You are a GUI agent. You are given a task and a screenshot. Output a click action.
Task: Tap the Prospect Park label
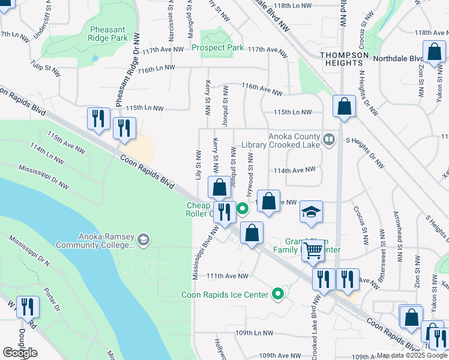tap(217, 47)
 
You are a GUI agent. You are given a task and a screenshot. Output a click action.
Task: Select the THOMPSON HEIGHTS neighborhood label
tap(344, 59)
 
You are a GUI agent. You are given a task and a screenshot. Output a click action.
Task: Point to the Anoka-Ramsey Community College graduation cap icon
tap(143, 240)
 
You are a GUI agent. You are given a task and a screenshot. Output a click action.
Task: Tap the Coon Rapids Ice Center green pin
tap(277, 295)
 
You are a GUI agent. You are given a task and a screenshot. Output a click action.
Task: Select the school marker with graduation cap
tap(311, 212)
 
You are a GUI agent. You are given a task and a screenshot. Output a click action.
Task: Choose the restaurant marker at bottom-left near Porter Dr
tap(27, 307)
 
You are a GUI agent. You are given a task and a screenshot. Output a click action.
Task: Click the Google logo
tap(20, 352)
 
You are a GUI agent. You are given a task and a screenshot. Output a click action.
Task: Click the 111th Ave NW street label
tap(228, 276)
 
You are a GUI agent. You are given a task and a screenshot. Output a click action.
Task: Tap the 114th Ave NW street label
tap(295, 170)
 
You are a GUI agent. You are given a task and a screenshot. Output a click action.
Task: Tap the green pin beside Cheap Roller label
tap(243, 209)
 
